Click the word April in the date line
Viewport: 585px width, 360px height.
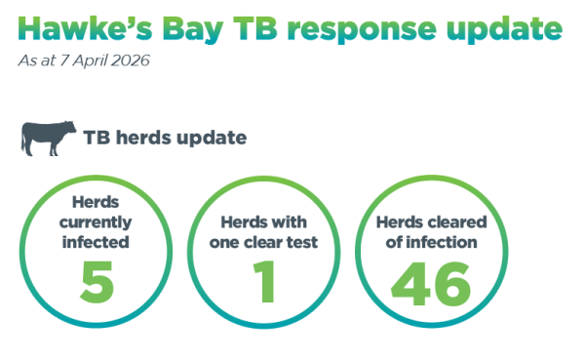click(x=94, y=61)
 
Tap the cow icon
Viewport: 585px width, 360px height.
click(x=50, y=138)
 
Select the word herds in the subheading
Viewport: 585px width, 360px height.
click(x=147, y=138)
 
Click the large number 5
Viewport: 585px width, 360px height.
click(x=97, y=278)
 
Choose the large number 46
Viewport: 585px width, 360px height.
click(x=430, y=278)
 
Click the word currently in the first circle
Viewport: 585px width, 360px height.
click(x=97, y=223)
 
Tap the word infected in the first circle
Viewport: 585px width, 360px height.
click(x=97, y=241)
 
